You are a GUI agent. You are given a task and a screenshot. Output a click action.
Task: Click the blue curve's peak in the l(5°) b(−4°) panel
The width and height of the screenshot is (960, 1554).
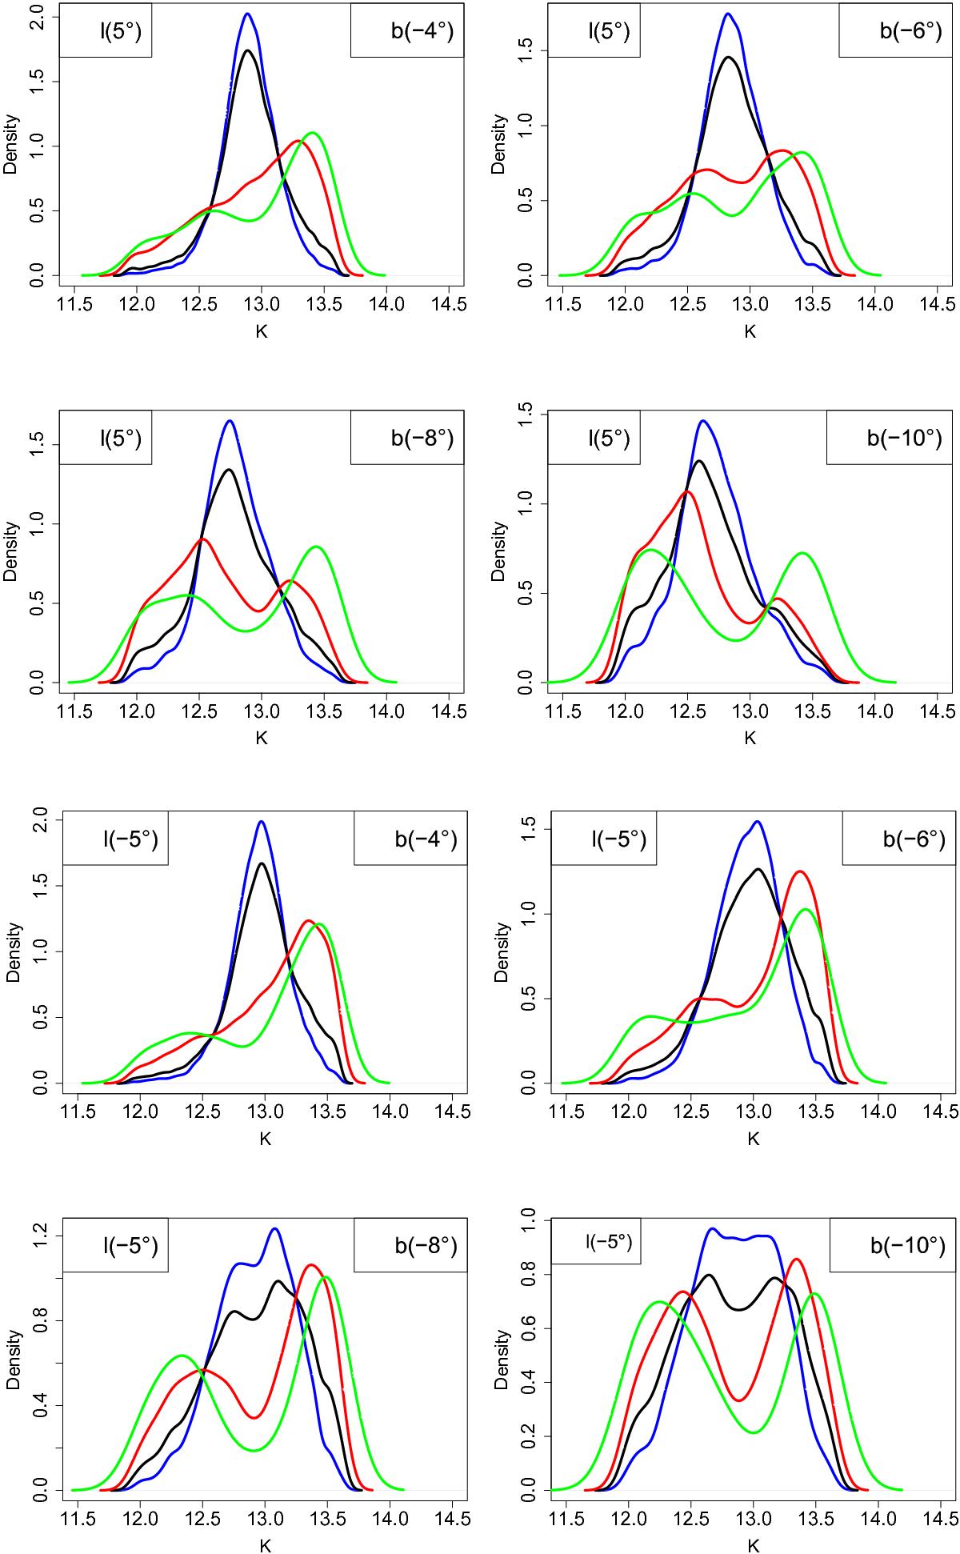click(248, 14)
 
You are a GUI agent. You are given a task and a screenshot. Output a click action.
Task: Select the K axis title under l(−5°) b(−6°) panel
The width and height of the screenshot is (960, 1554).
click(754, 1137)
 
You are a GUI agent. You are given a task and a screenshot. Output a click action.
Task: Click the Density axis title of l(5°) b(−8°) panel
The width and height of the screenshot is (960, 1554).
click(11, 547)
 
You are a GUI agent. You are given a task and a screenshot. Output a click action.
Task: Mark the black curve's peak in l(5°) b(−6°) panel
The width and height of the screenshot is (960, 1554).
click(728, 58)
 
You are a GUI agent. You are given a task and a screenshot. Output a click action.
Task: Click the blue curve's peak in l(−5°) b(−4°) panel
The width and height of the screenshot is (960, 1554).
click(262, 822)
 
